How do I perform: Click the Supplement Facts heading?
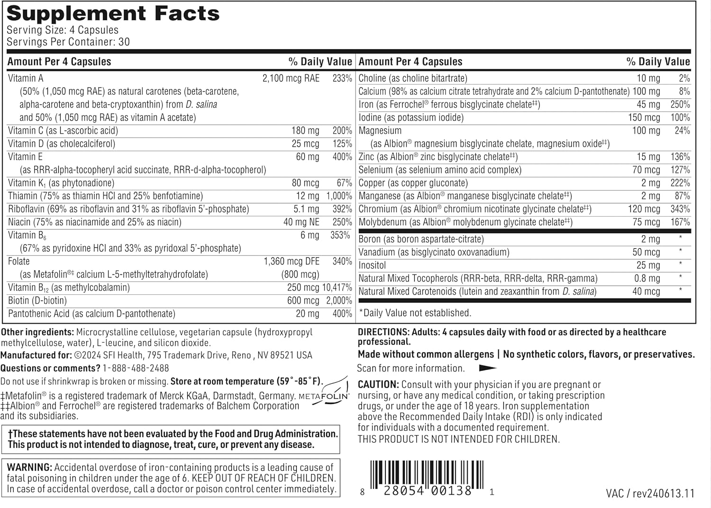pos(113,14)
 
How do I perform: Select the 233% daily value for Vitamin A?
pos(342,79)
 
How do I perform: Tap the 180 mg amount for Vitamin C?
pos(305,131)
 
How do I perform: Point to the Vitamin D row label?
pos(62,144)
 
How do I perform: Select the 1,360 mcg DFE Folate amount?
pos(292,262)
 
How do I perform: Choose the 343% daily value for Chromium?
pos(680,209)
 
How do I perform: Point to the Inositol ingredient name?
pos(372,265)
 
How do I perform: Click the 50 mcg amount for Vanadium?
pos(646,253)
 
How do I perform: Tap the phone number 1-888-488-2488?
pos(136,368)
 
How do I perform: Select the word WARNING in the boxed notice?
pos(29,468)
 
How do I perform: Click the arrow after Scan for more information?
pos(488,368)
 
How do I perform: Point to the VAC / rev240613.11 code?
pos(650,494)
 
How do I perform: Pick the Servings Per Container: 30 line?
pos(68,42)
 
